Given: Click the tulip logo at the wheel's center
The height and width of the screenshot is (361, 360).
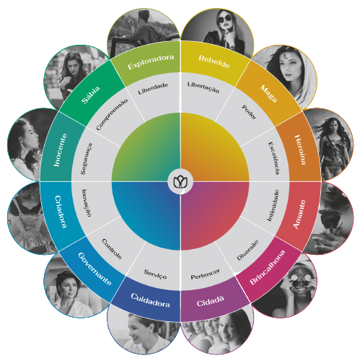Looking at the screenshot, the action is (180, 181).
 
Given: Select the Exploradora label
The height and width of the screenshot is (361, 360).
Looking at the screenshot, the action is (151, 61).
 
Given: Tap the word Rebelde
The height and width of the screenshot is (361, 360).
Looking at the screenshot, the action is (214, 61).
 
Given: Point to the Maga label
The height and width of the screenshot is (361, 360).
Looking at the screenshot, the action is (268, 93).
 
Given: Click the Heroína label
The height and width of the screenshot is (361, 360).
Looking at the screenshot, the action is (300, 149).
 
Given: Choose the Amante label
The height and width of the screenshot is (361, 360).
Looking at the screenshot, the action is (299, 214).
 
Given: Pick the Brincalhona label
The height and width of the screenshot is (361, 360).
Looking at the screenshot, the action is (267, 267).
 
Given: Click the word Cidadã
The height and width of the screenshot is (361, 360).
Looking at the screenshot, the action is (211, 301).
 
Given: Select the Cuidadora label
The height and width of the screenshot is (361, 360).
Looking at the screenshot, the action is (150, 300).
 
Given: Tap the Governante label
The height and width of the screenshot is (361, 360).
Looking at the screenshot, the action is (95, 269).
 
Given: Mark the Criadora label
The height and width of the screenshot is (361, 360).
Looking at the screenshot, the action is (61, 212).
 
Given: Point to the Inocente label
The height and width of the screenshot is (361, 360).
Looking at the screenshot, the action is (60, 150).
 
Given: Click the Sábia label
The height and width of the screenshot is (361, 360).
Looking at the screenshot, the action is (91, 95).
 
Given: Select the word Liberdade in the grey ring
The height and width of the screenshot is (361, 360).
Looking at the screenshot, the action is (153, 89).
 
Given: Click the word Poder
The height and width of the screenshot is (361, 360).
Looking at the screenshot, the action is (249, 112).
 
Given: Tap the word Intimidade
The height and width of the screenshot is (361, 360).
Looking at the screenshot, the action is (273, 205).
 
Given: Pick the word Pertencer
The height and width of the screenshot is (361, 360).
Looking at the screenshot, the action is (205, 274).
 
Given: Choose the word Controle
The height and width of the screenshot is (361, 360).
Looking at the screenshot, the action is (112, 249).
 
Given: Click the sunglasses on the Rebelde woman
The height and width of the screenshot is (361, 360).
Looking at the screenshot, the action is (225, 19).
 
